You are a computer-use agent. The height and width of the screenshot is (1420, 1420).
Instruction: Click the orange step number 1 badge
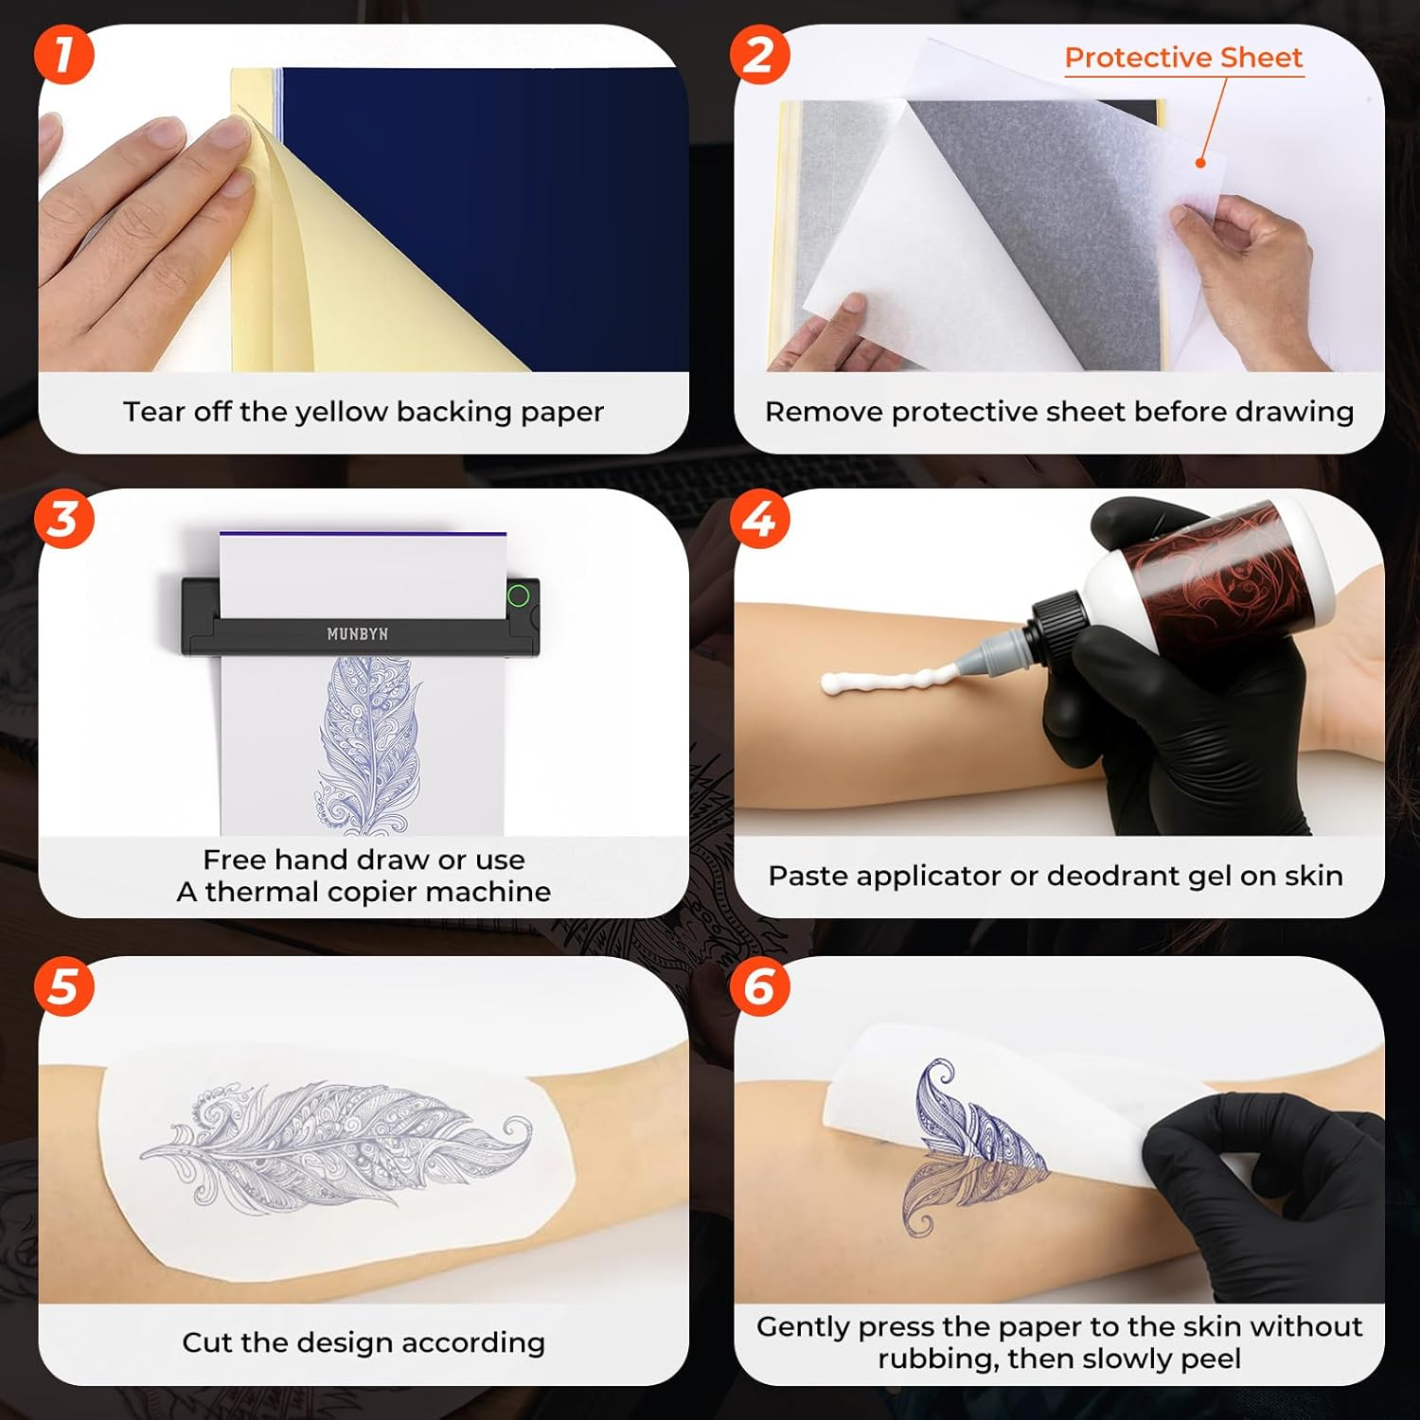click(x=63, y=54)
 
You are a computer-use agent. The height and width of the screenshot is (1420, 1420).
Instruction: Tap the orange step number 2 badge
click(x=759, y=54)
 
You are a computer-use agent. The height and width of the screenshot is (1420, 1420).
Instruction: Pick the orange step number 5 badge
click(x=63, y=985)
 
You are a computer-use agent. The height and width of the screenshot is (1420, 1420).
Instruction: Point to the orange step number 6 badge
click(x=759, y=985)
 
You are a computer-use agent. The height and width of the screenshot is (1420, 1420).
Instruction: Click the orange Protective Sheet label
click(x=1183, y=58)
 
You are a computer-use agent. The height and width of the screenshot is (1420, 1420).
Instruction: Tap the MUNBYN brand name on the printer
click(x=357, y=633)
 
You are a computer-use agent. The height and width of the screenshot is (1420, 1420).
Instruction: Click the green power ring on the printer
click(x=518, y=596)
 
